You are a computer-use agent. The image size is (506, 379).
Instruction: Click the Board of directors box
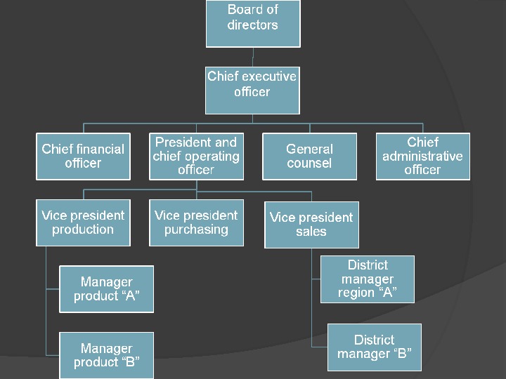coord(253,23)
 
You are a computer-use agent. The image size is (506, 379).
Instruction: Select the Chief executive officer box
coord(252,90)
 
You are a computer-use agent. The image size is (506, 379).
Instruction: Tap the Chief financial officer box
coord(83,156)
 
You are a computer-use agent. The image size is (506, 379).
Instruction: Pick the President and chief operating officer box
coord(196,156)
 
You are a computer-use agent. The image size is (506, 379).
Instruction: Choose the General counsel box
coord(309,156)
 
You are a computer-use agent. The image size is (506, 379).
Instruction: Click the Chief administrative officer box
coord(422,156)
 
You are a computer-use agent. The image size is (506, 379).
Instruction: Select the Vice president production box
coord(83,222)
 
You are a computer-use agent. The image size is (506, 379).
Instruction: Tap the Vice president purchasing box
coord(196,222)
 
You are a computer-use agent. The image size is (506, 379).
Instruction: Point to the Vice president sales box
coord(311,225)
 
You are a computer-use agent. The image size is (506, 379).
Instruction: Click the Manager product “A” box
coord(106,288)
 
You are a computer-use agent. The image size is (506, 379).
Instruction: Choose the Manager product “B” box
coord(106,355)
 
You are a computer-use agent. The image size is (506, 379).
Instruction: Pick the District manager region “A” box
coord(368,279)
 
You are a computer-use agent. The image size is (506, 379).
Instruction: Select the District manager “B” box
coord(375,347)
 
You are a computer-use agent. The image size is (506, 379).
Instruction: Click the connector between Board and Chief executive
coord(253,57)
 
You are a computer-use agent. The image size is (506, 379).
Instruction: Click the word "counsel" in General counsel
coord(309,163)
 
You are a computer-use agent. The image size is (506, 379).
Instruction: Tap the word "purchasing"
coord(196,230)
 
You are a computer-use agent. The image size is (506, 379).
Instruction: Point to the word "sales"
coord(311,232)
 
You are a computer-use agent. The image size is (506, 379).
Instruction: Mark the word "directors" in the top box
coord(253,25)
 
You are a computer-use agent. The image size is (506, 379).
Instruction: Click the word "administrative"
coord(422,156)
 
